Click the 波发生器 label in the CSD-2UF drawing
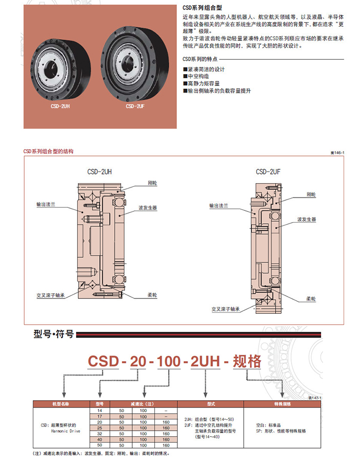tap(307, 219)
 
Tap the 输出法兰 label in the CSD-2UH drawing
tap(45, 204)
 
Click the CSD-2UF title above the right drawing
tap(268, 172)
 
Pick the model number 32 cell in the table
tap(100, 433)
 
